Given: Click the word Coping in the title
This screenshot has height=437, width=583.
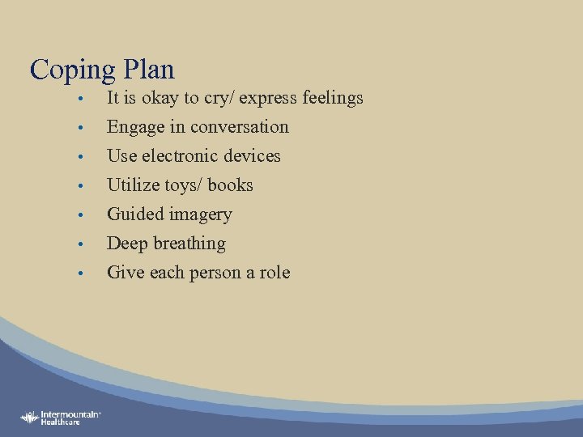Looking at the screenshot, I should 72,70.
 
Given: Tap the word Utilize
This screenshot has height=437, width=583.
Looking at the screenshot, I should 133,185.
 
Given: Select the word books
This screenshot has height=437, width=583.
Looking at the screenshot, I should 230,185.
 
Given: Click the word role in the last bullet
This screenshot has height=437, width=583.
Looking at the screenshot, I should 274,273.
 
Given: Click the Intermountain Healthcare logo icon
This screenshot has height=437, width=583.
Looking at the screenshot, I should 30,417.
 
